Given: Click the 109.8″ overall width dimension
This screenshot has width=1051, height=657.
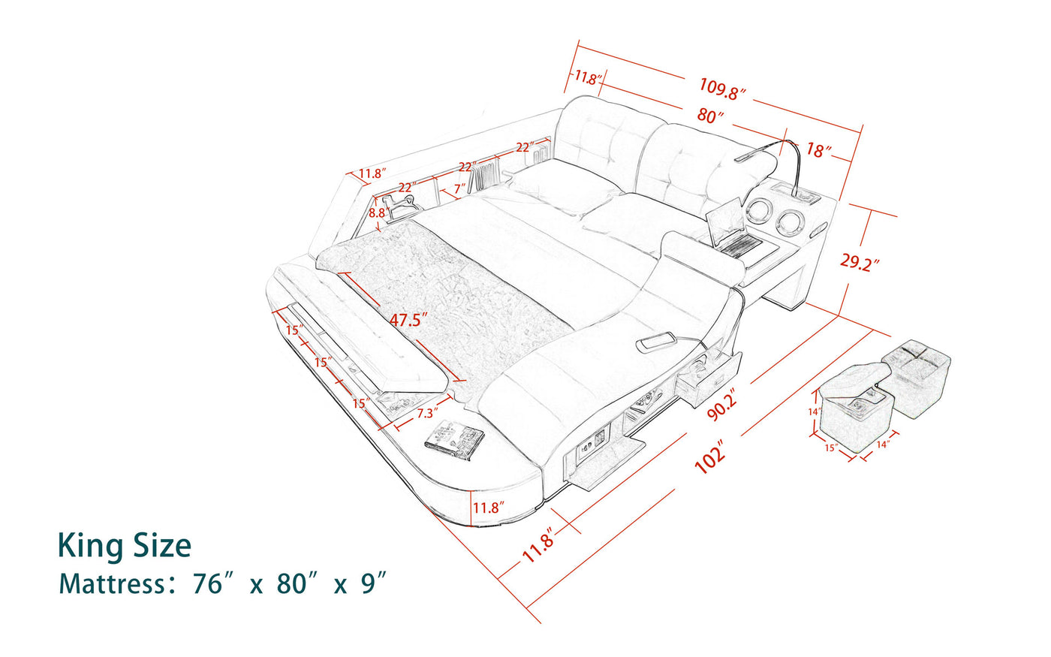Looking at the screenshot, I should point(723,89).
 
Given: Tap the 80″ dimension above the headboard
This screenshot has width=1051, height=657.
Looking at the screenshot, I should point(709,116).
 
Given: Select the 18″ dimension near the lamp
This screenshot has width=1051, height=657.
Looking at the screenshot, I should point(818,150).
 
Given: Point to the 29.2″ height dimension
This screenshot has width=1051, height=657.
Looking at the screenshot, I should point(860,263).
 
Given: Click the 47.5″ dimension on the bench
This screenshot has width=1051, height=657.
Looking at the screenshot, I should point(408,320).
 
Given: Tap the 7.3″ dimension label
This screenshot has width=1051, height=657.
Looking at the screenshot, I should point(428,413).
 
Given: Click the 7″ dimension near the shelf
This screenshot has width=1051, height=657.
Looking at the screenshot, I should point(459,187).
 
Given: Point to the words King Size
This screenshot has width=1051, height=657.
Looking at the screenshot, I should point(125,546).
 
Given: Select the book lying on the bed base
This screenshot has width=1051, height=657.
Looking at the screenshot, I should point(455,439).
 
